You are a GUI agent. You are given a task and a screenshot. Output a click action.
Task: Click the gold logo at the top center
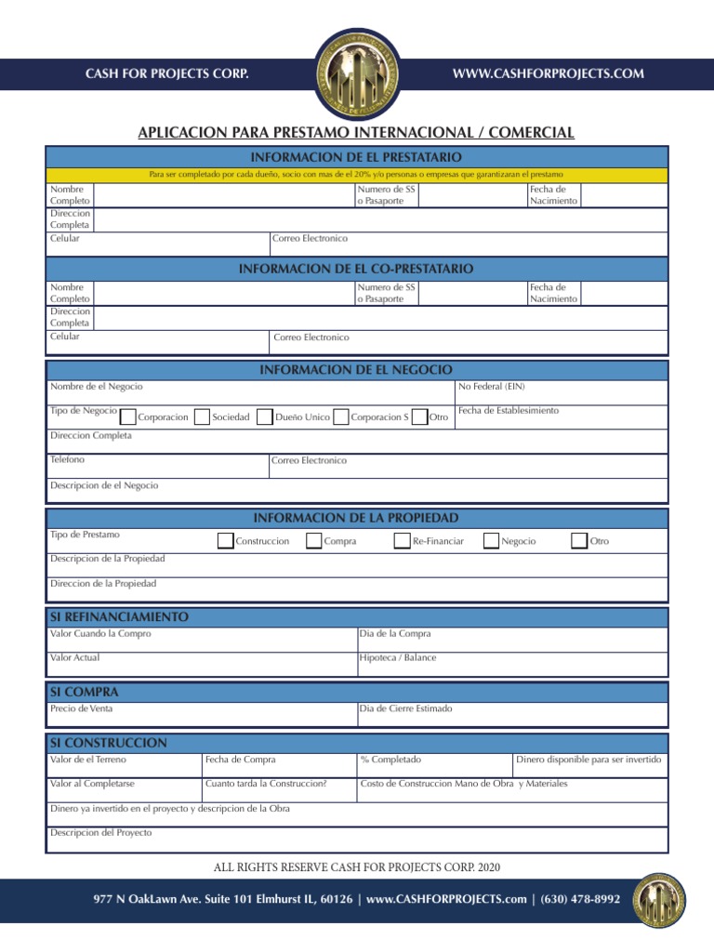357,73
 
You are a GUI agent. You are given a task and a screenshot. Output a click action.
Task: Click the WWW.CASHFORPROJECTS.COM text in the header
548,74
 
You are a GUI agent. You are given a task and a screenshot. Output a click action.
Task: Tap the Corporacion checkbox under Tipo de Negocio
128,417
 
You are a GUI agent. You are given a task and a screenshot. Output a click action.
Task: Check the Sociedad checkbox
202,417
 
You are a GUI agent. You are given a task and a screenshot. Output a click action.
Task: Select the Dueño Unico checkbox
264,417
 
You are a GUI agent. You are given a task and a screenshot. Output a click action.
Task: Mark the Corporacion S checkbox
340,417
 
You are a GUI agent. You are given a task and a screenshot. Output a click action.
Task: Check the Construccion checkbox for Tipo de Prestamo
225,541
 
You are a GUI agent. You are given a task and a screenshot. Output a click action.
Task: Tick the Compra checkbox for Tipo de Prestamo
314,541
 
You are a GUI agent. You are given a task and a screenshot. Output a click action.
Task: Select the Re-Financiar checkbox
402,541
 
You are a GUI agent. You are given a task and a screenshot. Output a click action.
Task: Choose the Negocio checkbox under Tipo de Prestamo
491,541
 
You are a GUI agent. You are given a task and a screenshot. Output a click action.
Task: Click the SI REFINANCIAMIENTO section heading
118,617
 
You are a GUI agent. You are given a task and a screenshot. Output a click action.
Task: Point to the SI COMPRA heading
84,693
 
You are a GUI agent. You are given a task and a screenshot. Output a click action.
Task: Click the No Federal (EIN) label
491,386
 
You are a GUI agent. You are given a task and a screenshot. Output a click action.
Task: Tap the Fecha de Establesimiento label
509,410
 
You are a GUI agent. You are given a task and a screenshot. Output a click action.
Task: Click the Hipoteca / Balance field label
397,657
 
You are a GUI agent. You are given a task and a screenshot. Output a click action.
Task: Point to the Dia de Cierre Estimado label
405,708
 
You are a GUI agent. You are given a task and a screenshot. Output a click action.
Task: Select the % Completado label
390,760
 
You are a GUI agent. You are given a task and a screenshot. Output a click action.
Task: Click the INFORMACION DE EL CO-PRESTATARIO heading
356,269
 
